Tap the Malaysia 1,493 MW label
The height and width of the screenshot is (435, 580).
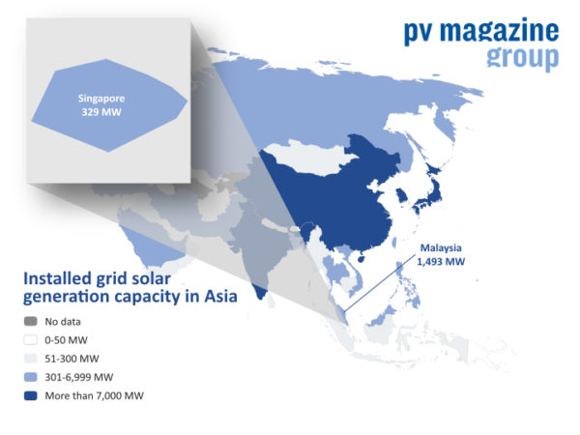pyautogui.click(x=442, y=254)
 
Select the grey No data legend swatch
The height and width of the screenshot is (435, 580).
pyautogui.click(x=31, y=322)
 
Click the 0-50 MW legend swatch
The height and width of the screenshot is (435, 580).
pyautogui.click(x=31, y=340)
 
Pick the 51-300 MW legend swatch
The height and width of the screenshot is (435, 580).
pyautogui.click(x=31, y=359)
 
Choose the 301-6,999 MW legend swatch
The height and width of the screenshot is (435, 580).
pyautogui.click(x=31, y=377)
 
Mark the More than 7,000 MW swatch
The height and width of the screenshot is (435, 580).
pyautogui.click(x=31, y=395)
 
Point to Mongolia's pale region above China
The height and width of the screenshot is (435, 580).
pyautogui.click(x=309, y=155)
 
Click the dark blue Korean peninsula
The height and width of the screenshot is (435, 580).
pyautogui.click(x=399, y=198)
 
